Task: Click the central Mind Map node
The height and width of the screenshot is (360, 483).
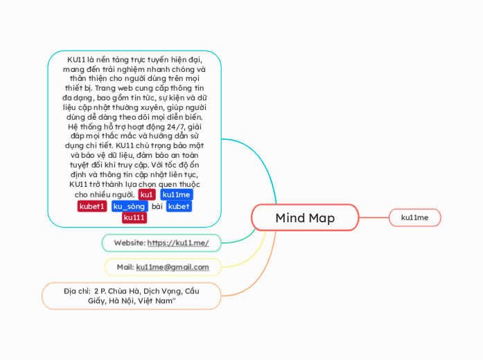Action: (x=305, y=218)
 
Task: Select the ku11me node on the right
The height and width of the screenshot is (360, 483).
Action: (x=414, y=218)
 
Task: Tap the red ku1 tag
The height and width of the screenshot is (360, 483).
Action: (x=147, y=195)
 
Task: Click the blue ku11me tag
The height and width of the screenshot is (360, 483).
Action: (x=177, y=195)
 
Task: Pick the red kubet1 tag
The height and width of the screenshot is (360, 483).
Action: (x=92, y=206)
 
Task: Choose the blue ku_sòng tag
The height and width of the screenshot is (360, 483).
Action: (x=129, y=206)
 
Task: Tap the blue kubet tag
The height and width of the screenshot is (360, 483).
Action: (x=179, y=206)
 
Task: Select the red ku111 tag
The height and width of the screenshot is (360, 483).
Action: (x=134, y=217)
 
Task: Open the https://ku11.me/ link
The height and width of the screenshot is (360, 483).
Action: (x=183, y=243)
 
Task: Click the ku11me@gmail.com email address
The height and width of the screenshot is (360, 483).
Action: (x=173, y=267)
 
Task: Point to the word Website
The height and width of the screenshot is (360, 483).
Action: (x=129, y=243)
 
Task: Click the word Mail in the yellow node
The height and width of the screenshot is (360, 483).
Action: (x=125, y=267)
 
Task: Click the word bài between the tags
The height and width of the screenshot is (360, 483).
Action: (x=157, y=206)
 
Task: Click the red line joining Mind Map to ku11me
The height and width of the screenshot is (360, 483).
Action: (x=374, y=218)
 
